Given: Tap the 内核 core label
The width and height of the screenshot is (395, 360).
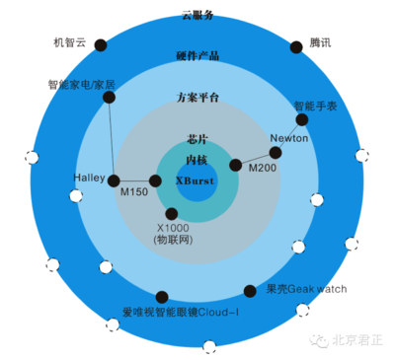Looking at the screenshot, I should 197,159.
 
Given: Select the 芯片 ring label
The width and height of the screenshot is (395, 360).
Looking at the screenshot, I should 197,140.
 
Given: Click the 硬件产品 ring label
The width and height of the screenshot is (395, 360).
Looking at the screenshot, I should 197,55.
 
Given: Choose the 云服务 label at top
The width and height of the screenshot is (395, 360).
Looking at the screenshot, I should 197,15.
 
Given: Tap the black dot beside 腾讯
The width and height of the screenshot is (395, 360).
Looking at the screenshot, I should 296,46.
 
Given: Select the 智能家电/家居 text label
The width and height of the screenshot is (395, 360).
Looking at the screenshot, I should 81,85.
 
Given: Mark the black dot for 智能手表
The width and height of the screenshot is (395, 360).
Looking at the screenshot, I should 302,119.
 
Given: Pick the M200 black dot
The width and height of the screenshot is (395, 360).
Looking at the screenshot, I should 235,165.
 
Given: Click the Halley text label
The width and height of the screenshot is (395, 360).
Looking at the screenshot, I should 89,178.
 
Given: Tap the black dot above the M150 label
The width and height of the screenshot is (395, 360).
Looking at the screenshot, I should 154,180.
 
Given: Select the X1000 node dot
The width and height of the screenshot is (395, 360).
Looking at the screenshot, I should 172,213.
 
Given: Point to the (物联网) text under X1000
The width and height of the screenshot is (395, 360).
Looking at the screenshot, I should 172,240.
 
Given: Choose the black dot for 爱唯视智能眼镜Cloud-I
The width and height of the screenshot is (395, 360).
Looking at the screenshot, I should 161,296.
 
